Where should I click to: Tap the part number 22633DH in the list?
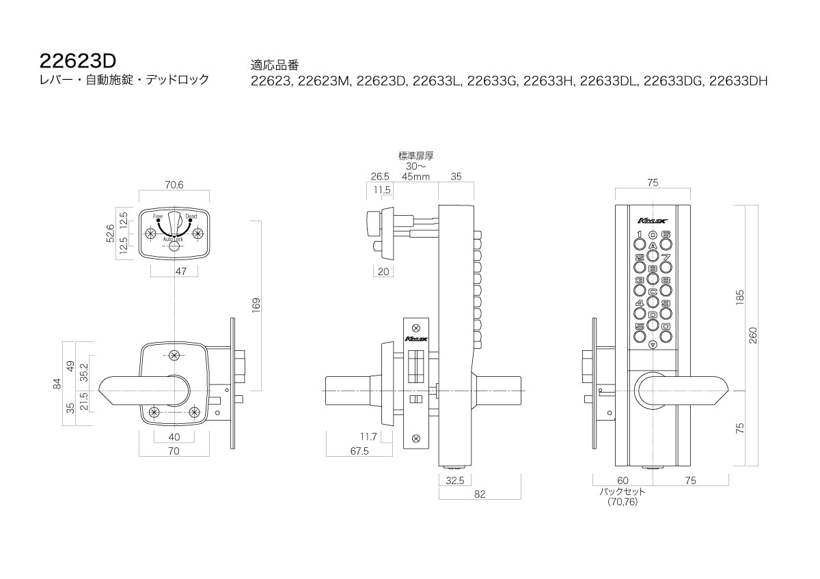(738, 81)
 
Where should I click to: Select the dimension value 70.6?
(174, 183)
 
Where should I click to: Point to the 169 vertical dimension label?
(256, 305)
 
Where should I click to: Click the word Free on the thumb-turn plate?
(158, 216)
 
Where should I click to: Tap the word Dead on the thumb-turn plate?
(191, 216)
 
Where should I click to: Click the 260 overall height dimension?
(753, 334)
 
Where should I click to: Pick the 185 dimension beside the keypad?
(739, 298)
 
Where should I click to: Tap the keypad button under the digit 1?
(640, 243)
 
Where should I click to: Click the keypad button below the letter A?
(653, 255)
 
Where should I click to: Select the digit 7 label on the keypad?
(666, 257)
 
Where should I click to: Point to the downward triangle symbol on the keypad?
(653, 345)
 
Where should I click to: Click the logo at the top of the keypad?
(652, 220)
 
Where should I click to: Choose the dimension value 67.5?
(359, 451)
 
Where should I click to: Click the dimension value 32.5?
(454, 480)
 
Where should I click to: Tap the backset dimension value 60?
(623, 481)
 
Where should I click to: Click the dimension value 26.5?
(380, 176)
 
